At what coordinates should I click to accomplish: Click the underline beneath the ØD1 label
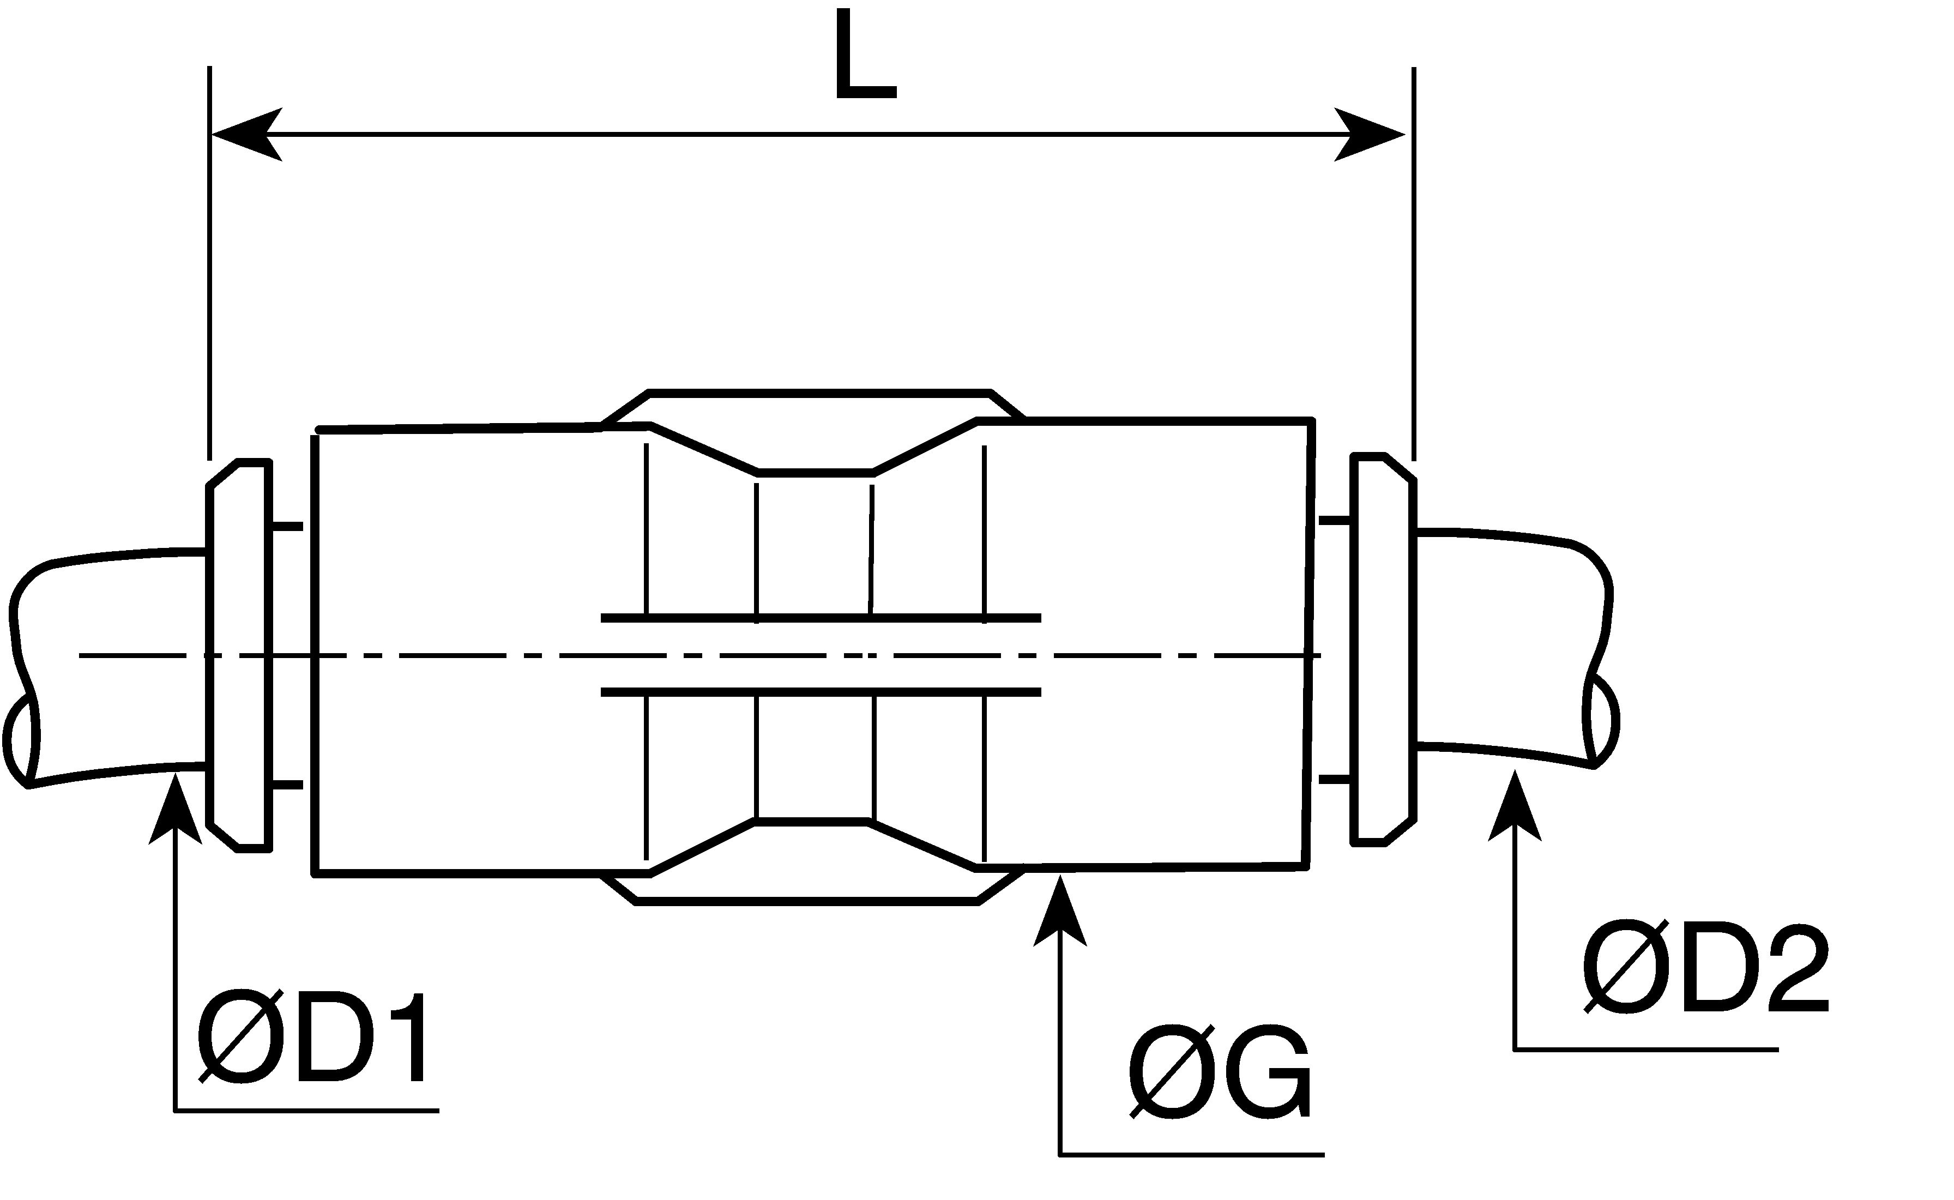[x=306, y=1111]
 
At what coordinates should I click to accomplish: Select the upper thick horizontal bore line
[x=821, y=618]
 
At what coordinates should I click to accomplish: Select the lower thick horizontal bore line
[x=821, y=692]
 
